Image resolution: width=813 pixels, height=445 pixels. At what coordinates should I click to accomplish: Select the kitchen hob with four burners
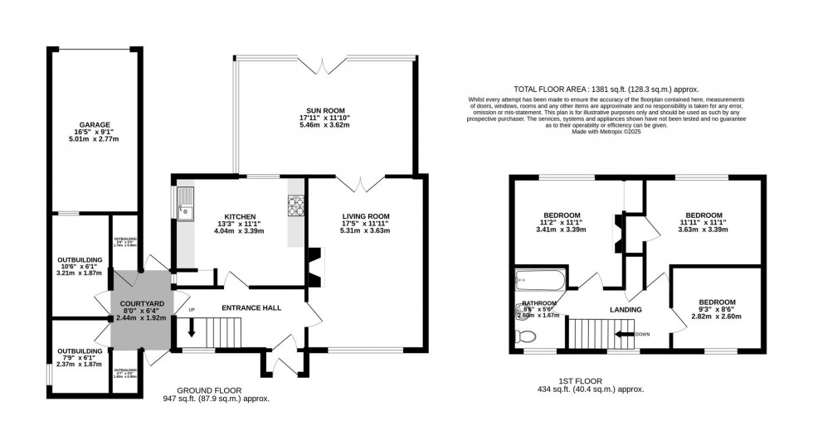pyautogui.click(x=295, y=204)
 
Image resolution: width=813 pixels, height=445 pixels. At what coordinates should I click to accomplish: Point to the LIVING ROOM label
pyautogui.click(x=366, y=216)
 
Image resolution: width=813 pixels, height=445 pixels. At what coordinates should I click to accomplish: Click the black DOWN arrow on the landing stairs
pyautogui.click(x=622, y=334)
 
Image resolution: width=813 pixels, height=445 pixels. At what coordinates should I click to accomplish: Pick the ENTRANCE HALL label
pyautogui.click(x=251, y=308)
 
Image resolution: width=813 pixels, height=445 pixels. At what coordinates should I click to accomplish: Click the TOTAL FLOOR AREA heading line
pyautogui.click(x=606, y=89)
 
